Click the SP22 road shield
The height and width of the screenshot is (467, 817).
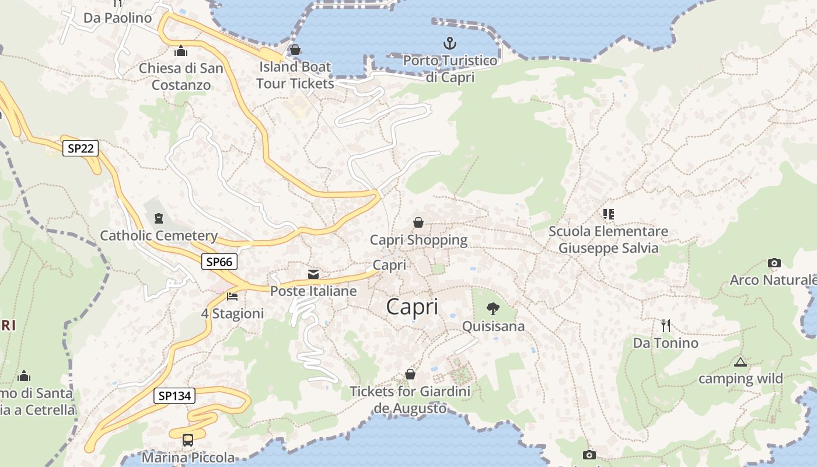tap(81, 148)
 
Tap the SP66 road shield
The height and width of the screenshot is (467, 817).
tap(219, 262)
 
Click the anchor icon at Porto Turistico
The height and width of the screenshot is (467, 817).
tap(449, 43)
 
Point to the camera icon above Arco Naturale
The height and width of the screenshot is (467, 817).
tap(774, 263)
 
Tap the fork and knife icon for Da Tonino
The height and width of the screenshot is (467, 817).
tap(666, 325)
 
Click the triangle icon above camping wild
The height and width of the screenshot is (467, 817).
tap(741, 362)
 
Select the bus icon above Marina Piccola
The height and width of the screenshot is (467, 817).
tap(187, 440)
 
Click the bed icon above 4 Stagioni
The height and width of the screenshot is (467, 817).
tap(232, 297)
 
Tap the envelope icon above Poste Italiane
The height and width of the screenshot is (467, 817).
tap(313, 274)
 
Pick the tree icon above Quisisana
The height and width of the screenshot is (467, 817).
tap(493, 308)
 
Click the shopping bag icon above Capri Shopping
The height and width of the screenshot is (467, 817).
tap(418, 222)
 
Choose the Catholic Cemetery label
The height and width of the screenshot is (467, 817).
tap(159, 236)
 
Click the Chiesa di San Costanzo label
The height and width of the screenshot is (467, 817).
tap(181, 76)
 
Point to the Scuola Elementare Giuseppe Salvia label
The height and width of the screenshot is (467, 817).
tap(608, 240)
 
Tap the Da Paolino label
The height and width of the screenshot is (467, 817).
tap(117, 18)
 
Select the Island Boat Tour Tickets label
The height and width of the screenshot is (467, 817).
tap(295, 75)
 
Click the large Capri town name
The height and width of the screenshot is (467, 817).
tap(412, 307)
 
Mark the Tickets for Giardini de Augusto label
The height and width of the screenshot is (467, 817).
tap(410, 400)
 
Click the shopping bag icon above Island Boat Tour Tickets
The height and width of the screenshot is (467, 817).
tap(295, 50)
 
